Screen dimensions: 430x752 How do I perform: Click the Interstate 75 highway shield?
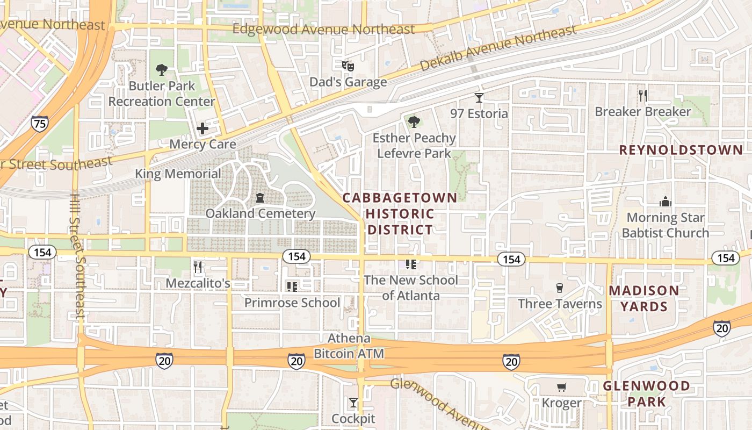39,123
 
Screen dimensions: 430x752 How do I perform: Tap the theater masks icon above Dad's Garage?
348,66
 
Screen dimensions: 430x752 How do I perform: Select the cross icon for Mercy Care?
203,128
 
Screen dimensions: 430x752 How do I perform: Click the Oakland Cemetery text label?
261,213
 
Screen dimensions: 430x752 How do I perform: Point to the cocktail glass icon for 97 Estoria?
479,98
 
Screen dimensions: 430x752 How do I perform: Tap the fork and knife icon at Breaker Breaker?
642,96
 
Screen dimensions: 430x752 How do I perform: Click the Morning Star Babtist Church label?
666,225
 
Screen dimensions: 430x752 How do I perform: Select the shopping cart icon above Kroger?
562,387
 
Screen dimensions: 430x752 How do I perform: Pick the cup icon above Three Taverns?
560,288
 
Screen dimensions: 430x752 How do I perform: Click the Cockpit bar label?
353,418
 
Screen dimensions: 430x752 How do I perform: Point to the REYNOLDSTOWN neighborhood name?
681,150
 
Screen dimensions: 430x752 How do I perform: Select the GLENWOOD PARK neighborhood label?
646,393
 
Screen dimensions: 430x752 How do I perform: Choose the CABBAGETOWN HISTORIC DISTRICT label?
400,213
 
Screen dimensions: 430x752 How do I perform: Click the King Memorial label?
178,174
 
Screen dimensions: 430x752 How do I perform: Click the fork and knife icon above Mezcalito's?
198,267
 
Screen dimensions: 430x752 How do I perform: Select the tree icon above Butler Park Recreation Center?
161,69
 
